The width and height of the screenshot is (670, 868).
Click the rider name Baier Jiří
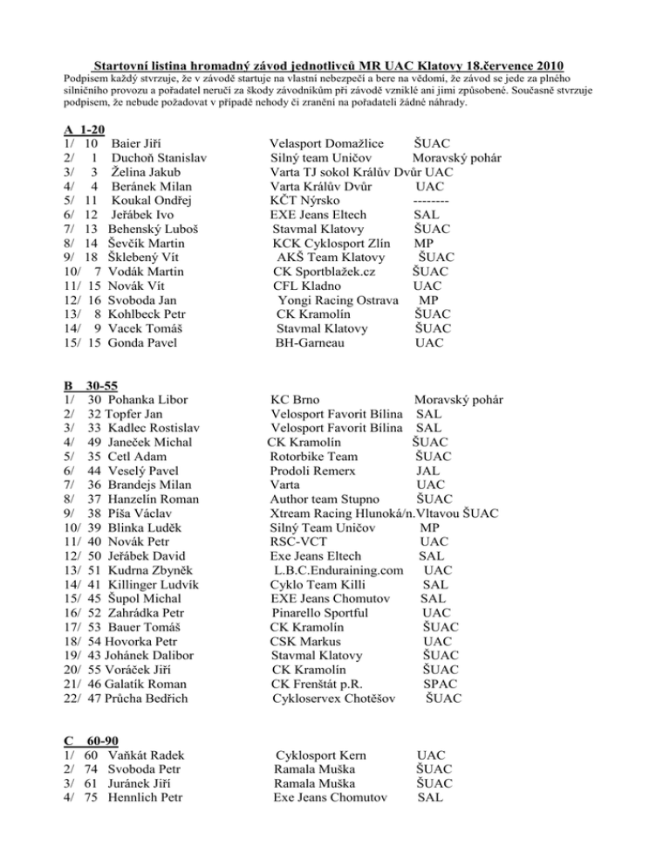(137, 142)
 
